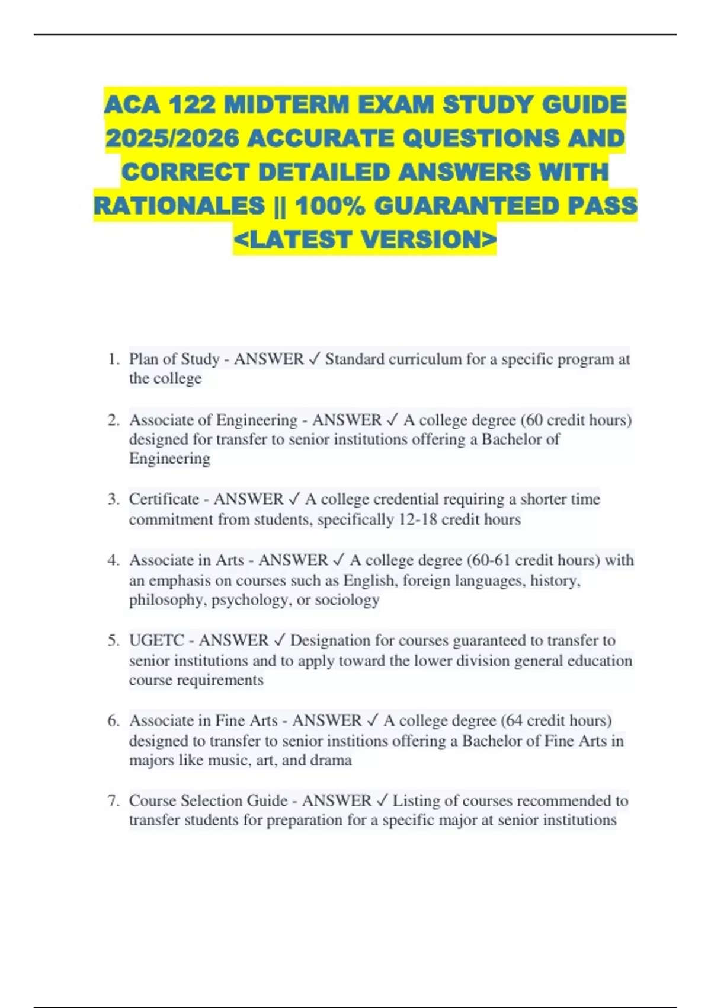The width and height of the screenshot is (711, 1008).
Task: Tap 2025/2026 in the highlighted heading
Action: click(x=172, y=139)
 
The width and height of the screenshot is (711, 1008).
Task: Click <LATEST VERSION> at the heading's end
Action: click(x=365, y=240)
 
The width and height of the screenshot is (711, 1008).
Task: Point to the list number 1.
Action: click(x=113, y=359)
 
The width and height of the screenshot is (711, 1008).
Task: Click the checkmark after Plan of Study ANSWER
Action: click(x=315, y=359)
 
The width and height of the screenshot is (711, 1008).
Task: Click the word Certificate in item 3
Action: click(x=164, y=499)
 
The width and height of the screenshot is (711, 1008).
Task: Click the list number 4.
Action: click(x=113, y=560)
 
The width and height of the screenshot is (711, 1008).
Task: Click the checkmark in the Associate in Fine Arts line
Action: click(x=373, y=721)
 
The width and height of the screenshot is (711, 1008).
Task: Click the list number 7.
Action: click(x=113, y=801)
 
